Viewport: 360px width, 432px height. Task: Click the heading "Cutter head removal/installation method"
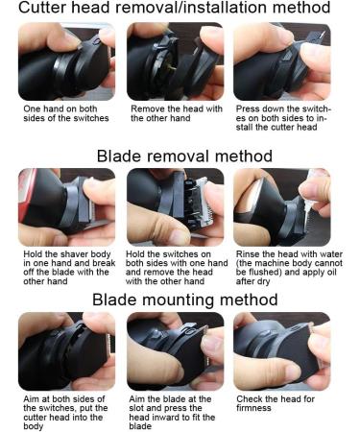pyautogui.click(x=175, y=8)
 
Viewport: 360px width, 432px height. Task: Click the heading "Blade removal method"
pyautogui.click(x=184, y=156)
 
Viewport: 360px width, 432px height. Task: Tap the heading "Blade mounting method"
pyautogui.click(x=185, y=300)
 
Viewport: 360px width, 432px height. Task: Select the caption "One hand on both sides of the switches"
pyautogui.click(x=66, y=113)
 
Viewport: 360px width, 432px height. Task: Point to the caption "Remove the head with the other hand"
pyautogui.click(x=177, y=113)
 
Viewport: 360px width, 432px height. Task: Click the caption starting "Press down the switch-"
pyautogui.click(x=282, y=118)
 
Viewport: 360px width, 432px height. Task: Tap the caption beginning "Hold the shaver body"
pyautogui.click(x=69, y=268)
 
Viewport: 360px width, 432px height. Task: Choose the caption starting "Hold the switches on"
pyautogui.click(x=177, y=268)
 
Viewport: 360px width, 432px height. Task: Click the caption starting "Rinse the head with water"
pyautogui.click(x=289, y=268)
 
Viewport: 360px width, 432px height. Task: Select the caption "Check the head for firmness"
pyautogui.click(x=276, y=403)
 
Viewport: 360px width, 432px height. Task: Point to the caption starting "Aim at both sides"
pyautogui.click(x=65, y=413)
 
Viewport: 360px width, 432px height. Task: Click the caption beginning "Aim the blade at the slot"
pyautogui.click(x=172, y=413)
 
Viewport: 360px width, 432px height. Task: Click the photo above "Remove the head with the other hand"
pyautogui.click(x=176, y=61)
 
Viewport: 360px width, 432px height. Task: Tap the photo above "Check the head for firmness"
pyautogui.click(x=282, y=351)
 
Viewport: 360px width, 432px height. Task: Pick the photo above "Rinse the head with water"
pyautogui.click(x=282, y=207)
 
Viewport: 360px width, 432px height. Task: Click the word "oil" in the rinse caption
pyautogui.click(x=330, y=273)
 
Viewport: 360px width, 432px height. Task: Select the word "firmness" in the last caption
pyautogui.click(x=253, y=408)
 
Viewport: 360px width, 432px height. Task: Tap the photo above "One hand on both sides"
pyautogui.click(x=66, y=61)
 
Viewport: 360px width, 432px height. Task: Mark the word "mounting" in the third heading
pyautogui.click(x=178, y=300)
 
